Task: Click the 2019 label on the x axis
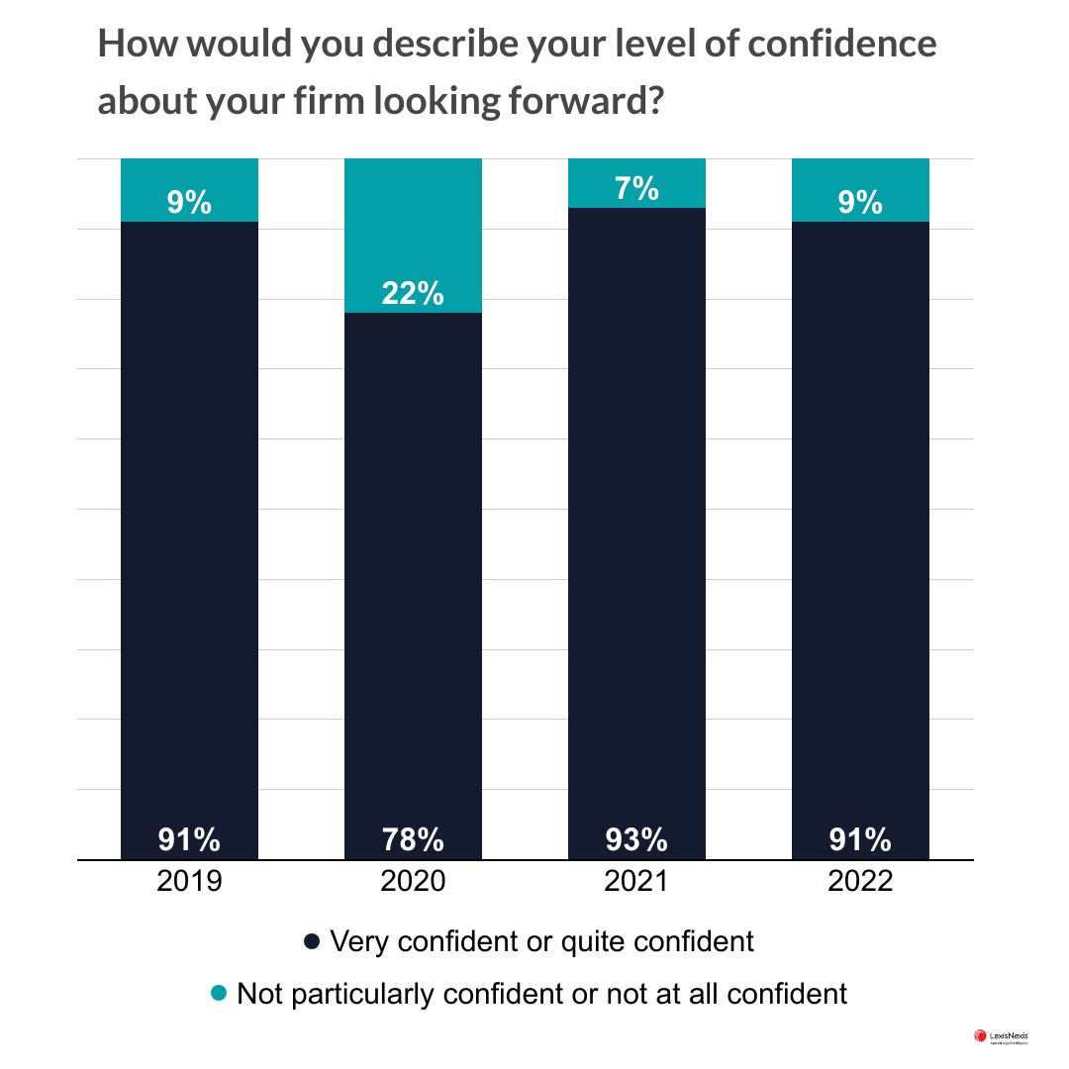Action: coord(189,881)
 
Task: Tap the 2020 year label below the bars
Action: coord(413,881)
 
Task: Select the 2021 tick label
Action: coord(636,881)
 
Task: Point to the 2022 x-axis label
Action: coord(860,881)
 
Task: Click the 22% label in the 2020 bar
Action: coord(413,294)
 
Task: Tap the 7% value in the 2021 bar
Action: coord(636,188)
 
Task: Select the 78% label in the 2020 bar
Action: coord(413,840)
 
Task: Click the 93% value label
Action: coord(636,840)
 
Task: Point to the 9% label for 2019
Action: coord(189,203)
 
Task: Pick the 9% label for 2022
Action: coord(860,203)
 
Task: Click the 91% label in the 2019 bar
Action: coord(189,840)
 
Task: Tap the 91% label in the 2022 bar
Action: coord(860,840)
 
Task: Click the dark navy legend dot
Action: coord(311,942)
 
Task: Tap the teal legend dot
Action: coord(220,992)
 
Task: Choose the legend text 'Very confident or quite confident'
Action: coord(541,941)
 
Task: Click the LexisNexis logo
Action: coord(1001,1037)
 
